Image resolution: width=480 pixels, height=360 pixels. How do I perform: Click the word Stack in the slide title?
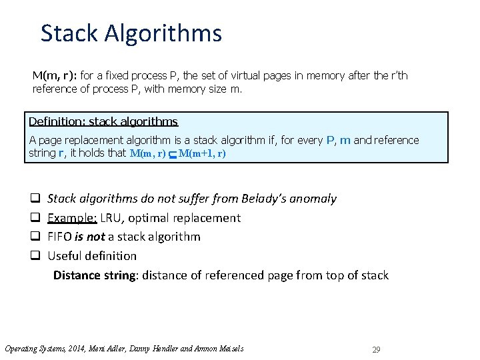click(68, 33)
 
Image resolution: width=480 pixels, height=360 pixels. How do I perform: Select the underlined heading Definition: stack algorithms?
click(103, 121)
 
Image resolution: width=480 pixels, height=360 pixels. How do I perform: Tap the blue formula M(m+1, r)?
click(202, 153)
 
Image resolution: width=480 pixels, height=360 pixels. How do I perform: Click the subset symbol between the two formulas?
click(172, 154)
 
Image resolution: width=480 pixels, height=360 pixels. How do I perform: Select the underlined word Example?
click(69, 218)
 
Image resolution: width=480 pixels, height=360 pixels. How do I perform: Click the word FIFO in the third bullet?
click(60, 237)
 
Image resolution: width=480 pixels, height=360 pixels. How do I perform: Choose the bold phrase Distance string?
click(95, 275)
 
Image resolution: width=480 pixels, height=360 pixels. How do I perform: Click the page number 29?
click(376, 349)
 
